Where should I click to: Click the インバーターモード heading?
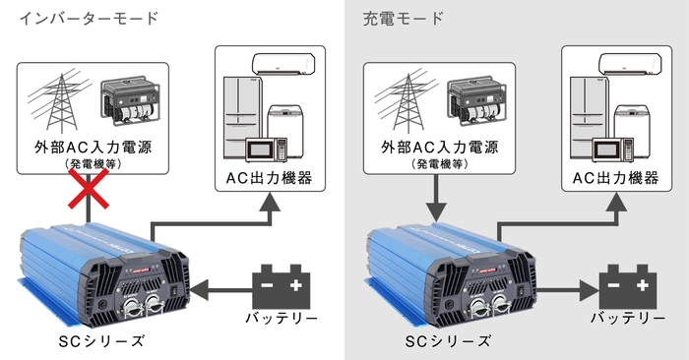click(x=90, y=19)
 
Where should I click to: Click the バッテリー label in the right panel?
click(x=627, y=320)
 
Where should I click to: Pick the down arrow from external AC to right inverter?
click(x=434, y=203)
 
